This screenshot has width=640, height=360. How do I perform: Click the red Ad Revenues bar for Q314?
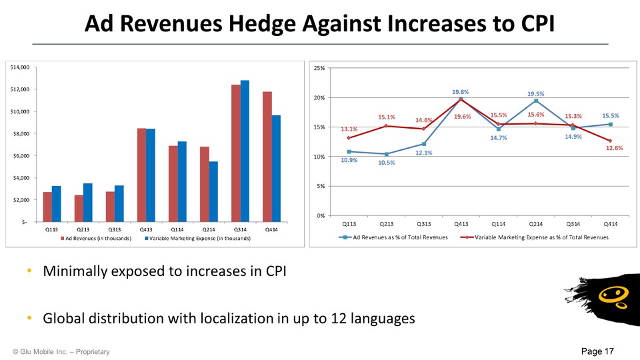(235, 153)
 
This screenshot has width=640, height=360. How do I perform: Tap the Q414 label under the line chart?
(610, 225)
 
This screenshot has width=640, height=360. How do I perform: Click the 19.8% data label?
(461, 92)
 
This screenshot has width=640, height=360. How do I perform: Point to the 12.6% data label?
(614, 148)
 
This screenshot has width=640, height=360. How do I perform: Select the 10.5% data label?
(386, 162)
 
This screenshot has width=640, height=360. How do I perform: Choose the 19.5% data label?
(536, 94)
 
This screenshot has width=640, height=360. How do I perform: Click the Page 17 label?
(597, 351)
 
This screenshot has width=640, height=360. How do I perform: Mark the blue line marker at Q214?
(535, 101)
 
